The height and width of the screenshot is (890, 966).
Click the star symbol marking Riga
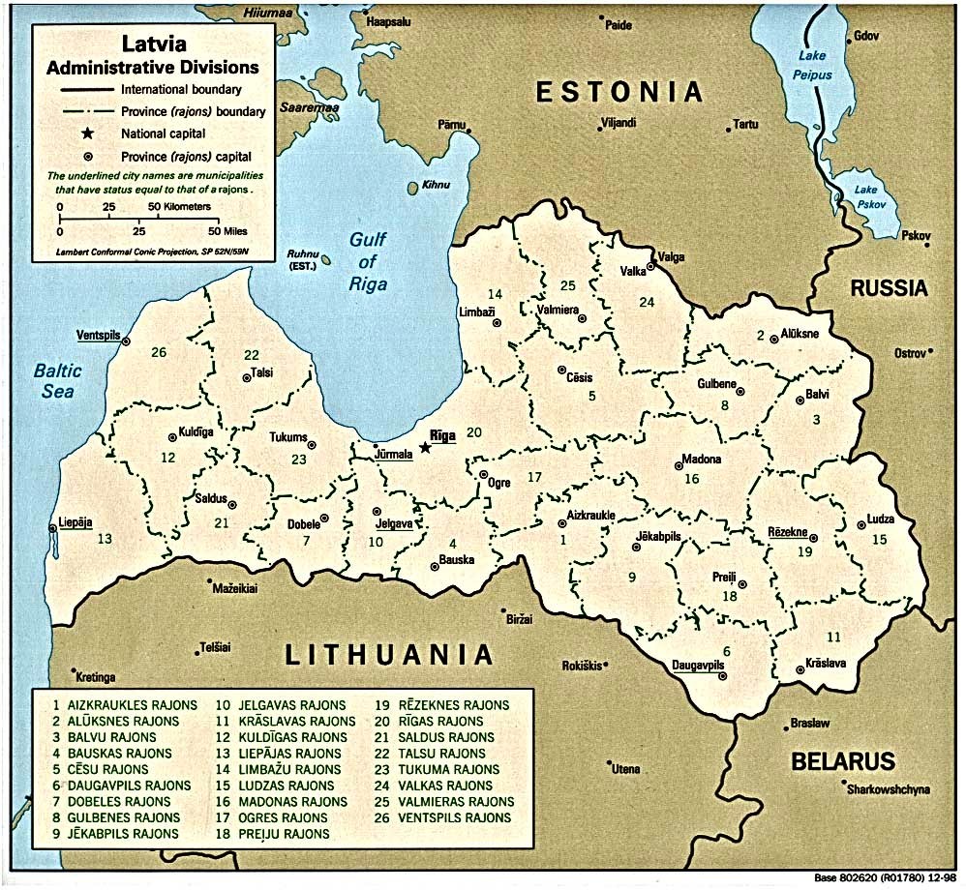[424, 447]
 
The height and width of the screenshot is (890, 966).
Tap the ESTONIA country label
[619, 92]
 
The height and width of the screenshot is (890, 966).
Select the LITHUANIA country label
[389, 654]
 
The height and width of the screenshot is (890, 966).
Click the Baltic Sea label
[57, 379]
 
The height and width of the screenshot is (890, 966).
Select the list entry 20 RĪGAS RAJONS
[427, 721]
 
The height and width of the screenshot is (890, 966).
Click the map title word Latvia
[154, 45]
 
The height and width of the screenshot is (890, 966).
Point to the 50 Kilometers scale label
[181, 207]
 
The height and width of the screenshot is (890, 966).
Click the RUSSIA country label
[889, 288]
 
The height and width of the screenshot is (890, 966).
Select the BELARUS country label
[843, 760]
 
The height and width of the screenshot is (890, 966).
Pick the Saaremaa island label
[306, 108]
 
